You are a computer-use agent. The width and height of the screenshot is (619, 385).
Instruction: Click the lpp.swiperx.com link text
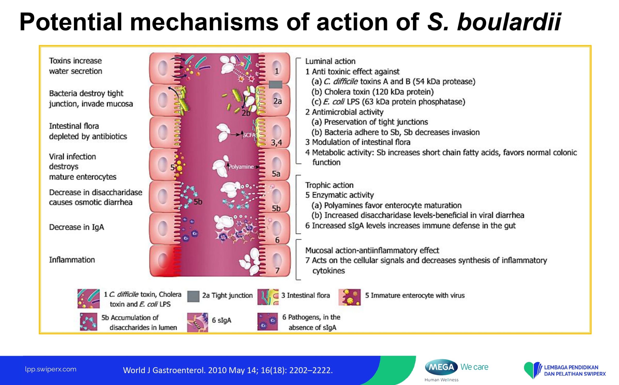(x=51, y=369)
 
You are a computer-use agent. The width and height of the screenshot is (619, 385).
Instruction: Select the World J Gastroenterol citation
(x=228, y=370)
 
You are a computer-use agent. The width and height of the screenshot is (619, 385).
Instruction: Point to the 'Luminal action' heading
(x=330, y=61)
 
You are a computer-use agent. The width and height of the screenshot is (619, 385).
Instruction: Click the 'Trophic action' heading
(x=329, y=185)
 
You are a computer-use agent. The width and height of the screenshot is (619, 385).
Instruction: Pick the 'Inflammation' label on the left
(x=72, y=260)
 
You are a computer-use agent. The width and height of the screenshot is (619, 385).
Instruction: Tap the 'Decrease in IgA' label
(x=77, y=227)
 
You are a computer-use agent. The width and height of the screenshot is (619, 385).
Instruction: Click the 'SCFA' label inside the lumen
(x=249, y=135)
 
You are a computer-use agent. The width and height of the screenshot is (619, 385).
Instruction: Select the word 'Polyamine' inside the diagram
(x=241, y=167)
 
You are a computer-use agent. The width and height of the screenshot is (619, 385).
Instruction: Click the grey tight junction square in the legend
(x=193, y=296)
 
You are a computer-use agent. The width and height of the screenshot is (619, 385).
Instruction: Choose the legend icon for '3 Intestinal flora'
(x=268, y=297)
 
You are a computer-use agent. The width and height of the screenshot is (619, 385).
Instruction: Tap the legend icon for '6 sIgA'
(x=198, y=322)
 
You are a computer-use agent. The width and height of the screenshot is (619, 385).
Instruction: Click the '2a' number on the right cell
(x=278, y=101)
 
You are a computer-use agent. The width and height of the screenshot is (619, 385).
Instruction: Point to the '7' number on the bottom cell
(x=277, y=270)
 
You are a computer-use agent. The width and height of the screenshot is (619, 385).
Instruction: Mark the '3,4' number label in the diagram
(x=277, y=143)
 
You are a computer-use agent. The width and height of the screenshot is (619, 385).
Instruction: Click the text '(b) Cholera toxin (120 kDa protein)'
(x=373, y=92)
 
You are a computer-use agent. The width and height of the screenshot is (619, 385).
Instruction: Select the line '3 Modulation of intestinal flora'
(x=358, y=142)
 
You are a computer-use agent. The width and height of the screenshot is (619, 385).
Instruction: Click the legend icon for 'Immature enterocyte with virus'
(x=350, y=297)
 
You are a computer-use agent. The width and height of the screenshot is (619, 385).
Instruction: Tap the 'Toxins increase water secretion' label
(x=76, y=66)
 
